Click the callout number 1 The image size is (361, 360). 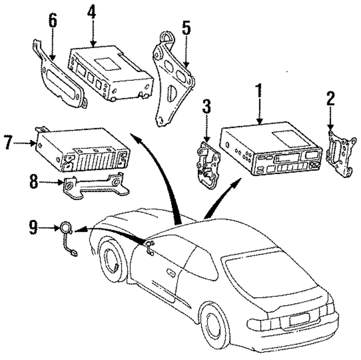tap(259, 91)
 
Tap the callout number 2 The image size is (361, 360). tap(331, 98)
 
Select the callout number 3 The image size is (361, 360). tap(206, 106)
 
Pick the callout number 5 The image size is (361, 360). tap(186, 28)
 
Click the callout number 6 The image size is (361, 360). tap(52, 21)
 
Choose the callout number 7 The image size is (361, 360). tap(8, 142)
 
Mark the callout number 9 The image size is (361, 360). tap(33, 227)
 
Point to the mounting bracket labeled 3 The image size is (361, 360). tap(208, 164)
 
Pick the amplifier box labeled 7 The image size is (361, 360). tap(82, 149)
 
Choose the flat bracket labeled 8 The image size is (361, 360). tap(95, 185)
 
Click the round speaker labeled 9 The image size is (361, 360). tap(66, 227)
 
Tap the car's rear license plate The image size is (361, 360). tap(300, 320)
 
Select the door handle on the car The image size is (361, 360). tap(171, 272)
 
